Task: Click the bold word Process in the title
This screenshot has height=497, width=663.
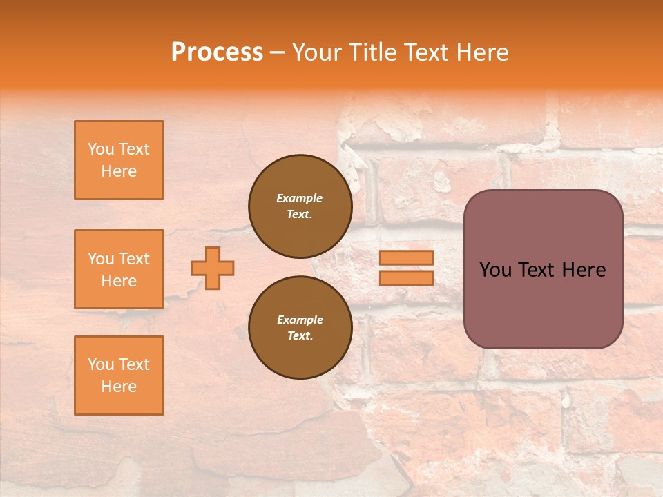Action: tap(217, 52)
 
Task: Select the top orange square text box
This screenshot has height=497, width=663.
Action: tap(119, 160)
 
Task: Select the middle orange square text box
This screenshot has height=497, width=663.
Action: tap(119, 269)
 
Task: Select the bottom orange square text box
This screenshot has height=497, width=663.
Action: tap(119, 376)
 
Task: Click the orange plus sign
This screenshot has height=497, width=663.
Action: tap(213, 268)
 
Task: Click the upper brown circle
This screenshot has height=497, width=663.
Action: tap(300, 206)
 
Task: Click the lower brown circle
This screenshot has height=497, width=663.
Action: tap(300, 328)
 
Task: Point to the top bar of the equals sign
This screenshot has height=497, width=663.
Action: tap(406, 258)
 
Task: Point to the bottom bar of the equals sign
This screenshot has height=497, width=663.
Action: tap(406, 278)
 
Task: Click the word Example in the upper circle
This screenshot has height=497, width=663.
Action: tap(300, 198)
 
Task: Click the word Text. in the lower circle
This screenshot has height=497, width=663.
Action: tap(300, 336)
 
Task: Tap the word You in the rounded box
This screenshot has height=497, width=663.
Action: tap(495, 270)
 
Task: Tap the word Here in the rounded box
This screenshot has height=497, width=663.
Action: tap(584, 270)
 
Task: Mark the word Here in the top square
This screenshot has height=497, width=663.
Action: tap(119, 171)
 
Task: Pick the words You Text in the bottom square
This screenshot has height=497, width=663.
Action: tap(119, 364)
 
